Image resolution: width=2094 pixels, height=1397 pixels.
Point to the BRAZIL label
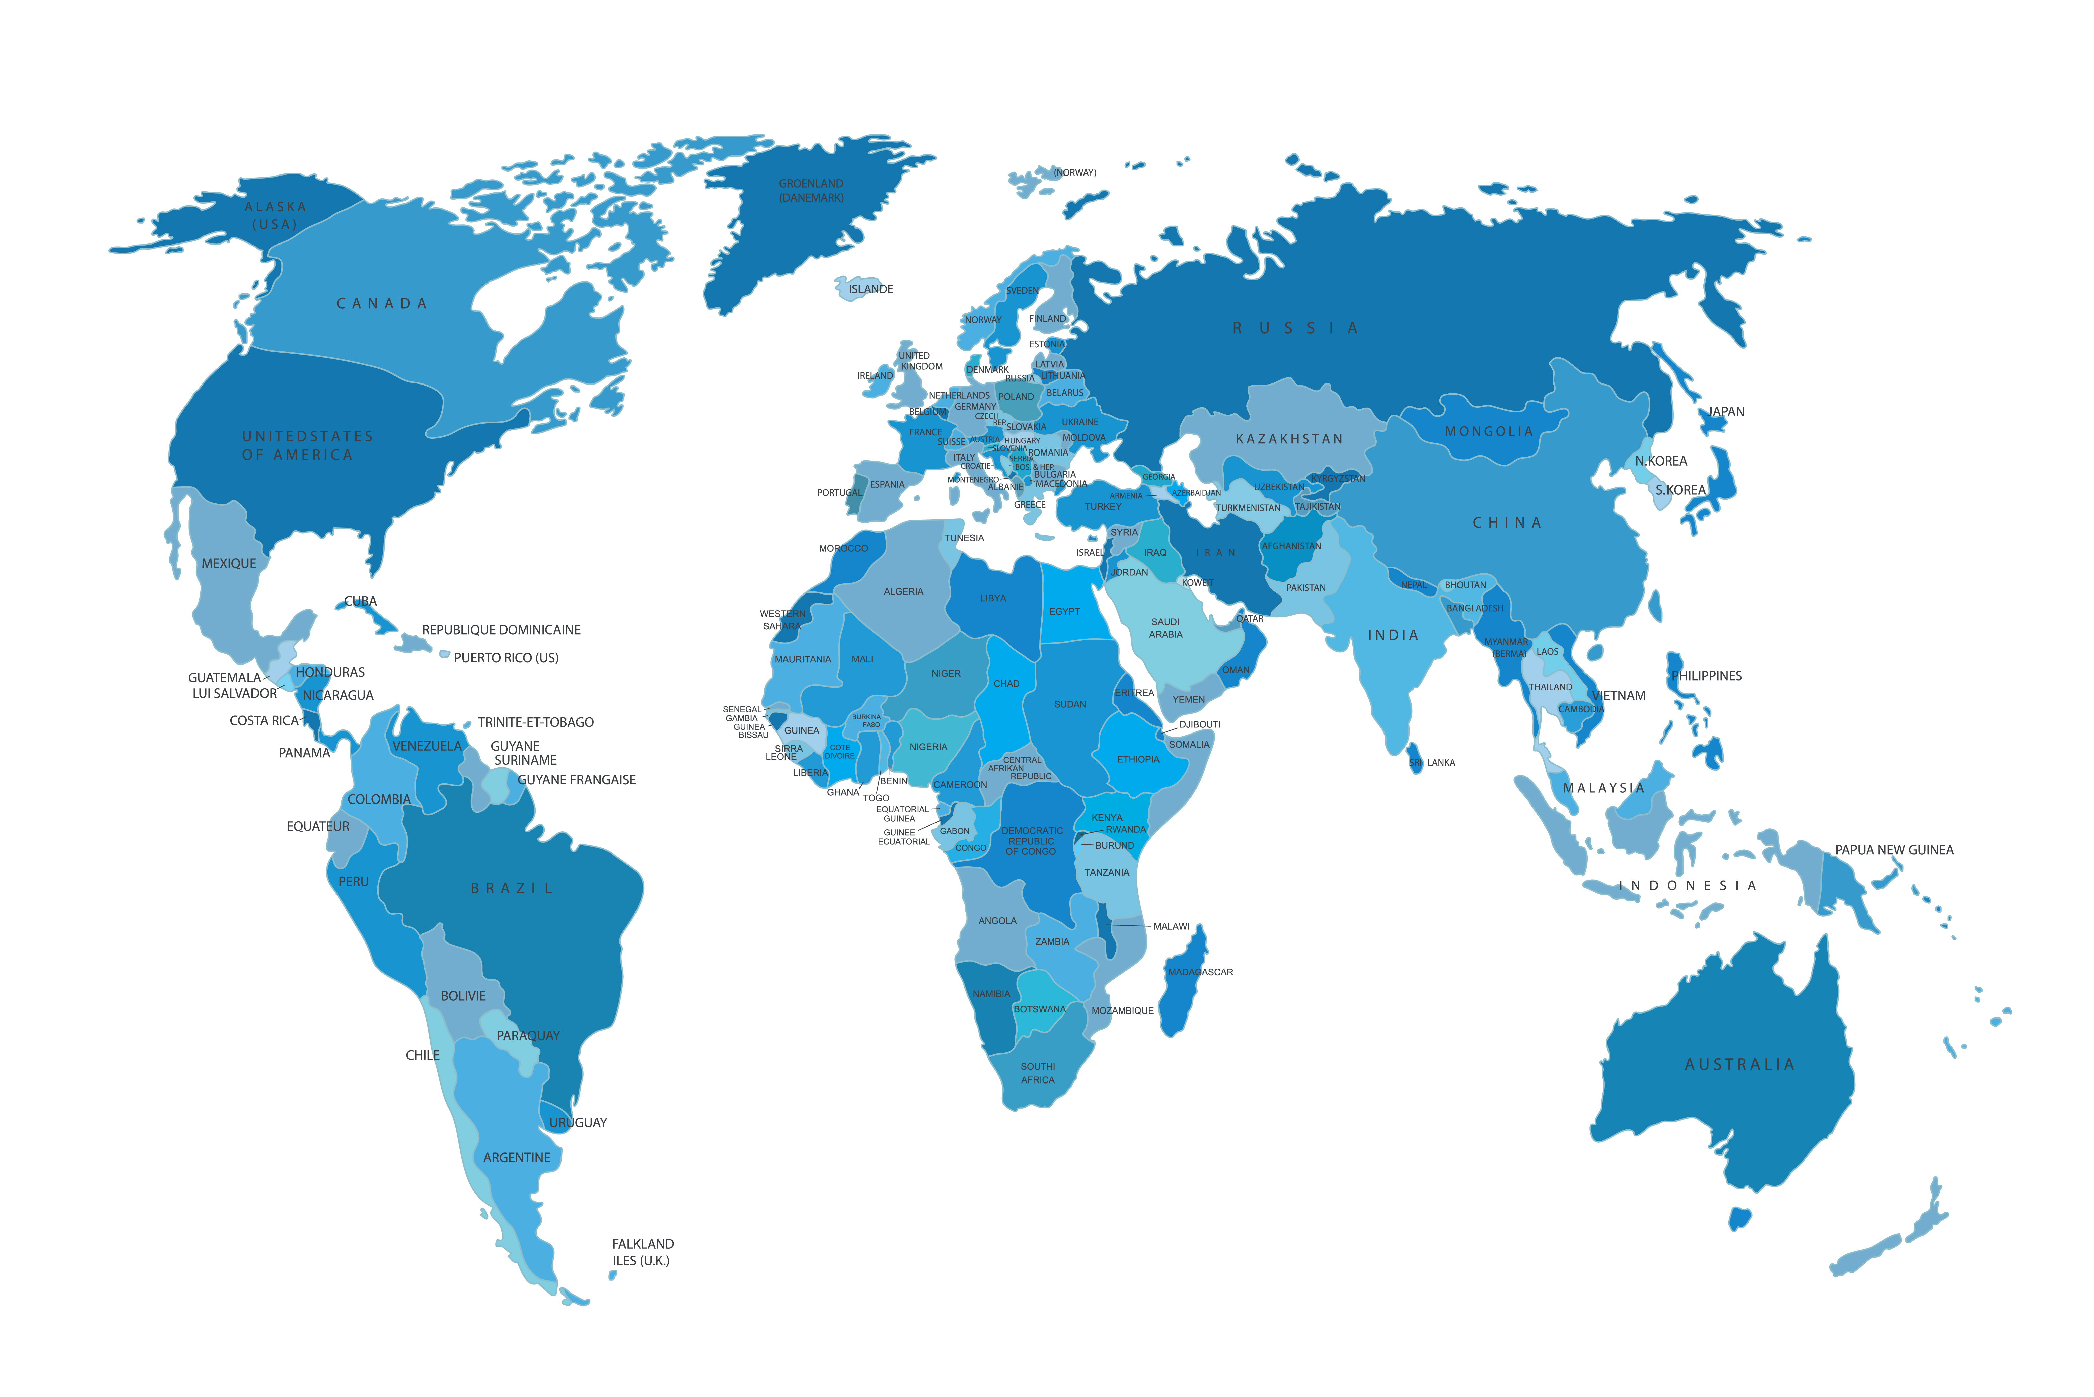pyautogui.click(x=512, y=888)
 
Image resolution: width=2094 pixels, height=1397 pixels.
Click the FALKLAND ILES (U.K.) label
pyautogui.click(x=642, y=1252)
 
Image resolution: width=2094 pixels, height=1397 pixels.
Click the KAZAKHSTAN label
pyautogui.click(x=1289, y=439)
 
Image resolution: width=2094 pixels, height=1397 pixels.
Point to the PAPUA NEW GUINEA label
pyautogui.click(x=1893, y=850)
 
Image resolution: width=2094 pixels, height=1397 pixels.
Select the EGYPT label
pyautogui.click(x=1064, y=611)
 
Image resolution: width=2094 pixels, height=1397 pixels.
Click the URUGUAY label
pyautogui.click(x=578, y=1123)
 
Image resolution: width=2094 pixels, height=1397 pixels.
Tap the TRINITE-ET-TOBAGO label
pyautogui.click(x=535, y=722)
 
